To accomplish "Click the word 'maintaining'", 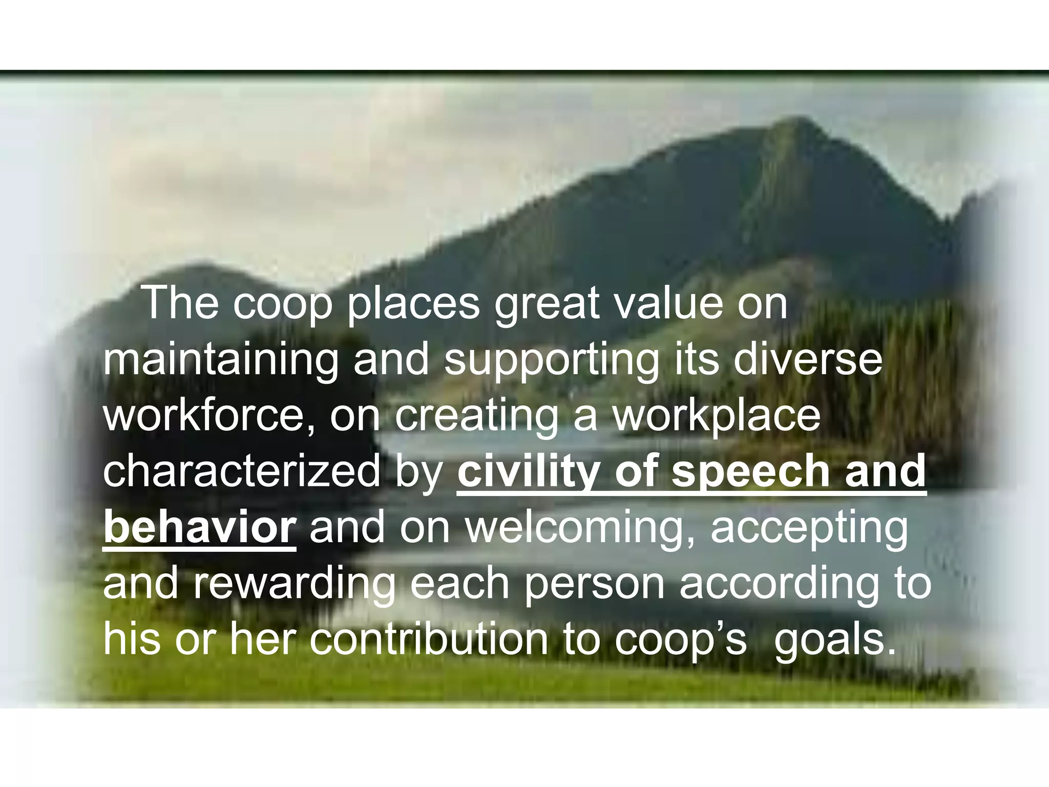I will tap(220, 360).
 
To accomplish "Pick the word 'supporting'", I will tap(551, 360).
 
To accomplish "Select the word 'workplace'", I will tap(717, 416).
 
